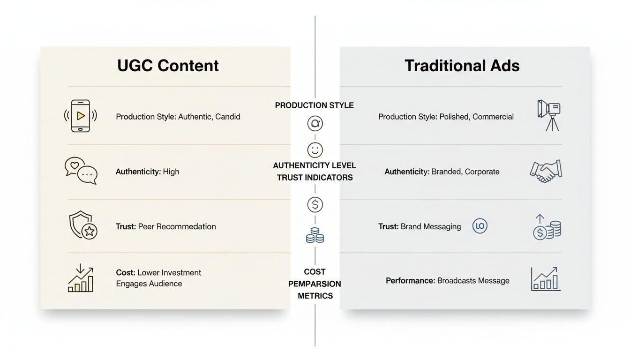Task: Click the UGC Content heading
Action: click(x=168, y=66)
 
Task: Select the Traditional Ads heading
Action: click(x=462, y=66)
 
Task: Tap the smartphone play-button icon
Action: click(x=81, y=116)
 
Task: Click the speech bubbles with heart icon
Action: click(x=81, y=171)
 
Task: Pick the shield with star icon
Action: click(x=82, y=225)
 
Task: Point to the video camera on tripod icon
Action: click(x=549, y=115)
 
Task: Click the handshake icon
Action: click(x=546, y=171)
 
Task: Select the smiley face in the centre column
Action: click(x=315, y=150)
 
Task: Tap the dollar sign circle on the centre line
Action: click(x=315, y=205)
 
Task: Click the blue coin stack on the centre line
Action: click(x=315, y=235)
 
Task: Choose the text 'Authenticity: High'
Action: click(x=147, y=172)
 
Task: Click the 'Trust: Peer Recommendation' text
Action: click(x=165, y=226)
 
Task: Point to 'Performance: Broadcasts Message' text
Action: click(x=447, y=281)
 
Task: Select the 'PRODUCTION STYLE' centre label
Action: click(x=314, y=105)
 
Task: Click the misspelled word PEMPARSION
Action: click(x=315, y=284)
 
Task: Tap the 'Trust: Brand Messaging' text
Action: click(x=420, y=226)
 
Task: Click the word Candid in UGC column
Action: click(x=228, y=117)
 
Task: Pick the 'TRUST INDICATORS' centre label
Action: click(x=315, y=178)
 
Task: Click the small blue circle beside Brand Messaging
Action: click(x=480, y=226)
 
